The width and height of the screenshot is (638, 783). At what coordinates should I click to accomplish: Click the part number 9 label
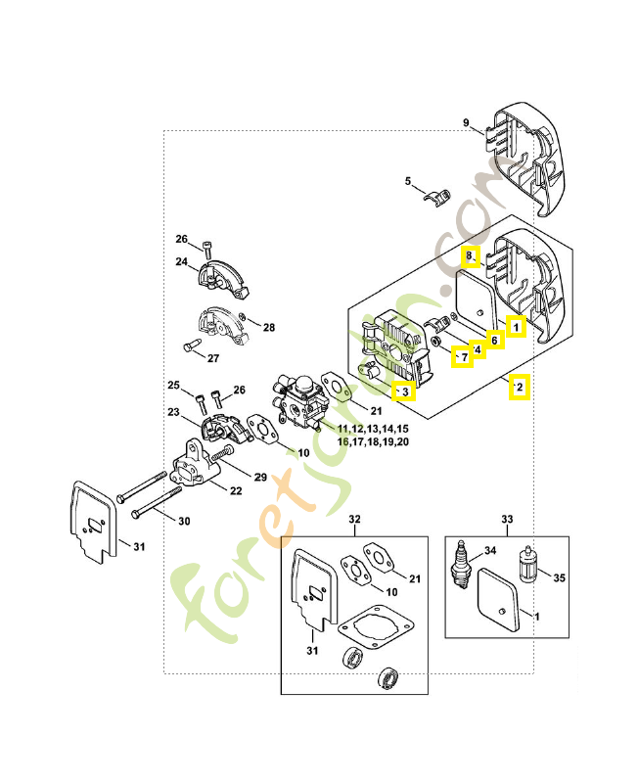coord(467,123)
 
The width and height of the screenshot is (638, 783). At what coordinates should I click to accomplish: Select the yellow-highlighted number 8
coord(470,256)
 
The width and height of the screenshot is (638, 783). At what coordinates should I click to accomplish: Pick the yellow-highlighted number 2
coord(519,388)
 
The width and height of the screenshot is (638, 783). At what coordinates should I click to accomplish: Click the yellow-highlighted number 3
coord(402,392)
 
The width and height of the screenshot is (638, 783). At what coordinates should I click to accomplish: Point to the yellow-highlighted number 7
coord(462,357)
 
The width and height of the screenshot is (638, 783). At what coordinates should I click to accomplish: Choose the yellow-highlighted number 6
coord(494,340)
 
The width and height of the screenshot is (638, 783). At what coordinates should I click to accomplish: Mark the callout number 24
coord(182,262)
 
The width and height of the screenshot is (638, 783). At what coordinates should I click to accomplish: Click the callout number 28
coord(269,327)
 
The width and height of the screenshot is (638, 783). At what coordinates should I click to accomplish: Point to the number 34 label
coord(491,550)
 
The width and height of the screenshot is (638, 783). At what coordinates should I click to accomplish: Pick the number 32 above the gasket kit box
coord(355,519)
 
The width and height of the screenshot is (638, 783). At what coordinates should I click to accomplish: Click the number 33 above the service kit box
coord(507,519)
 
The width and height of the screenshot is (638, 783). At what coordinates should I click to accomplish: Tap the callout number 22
coord(236,490)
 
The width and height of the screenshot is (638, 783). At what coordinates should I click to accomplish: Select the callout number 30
coord(184,521)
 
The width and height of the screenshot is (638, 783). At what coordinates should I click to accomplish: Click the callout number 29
coord(260,477)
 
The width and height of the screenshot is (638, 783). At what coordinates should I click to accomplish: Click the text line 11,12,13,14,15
coord(373,430)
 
